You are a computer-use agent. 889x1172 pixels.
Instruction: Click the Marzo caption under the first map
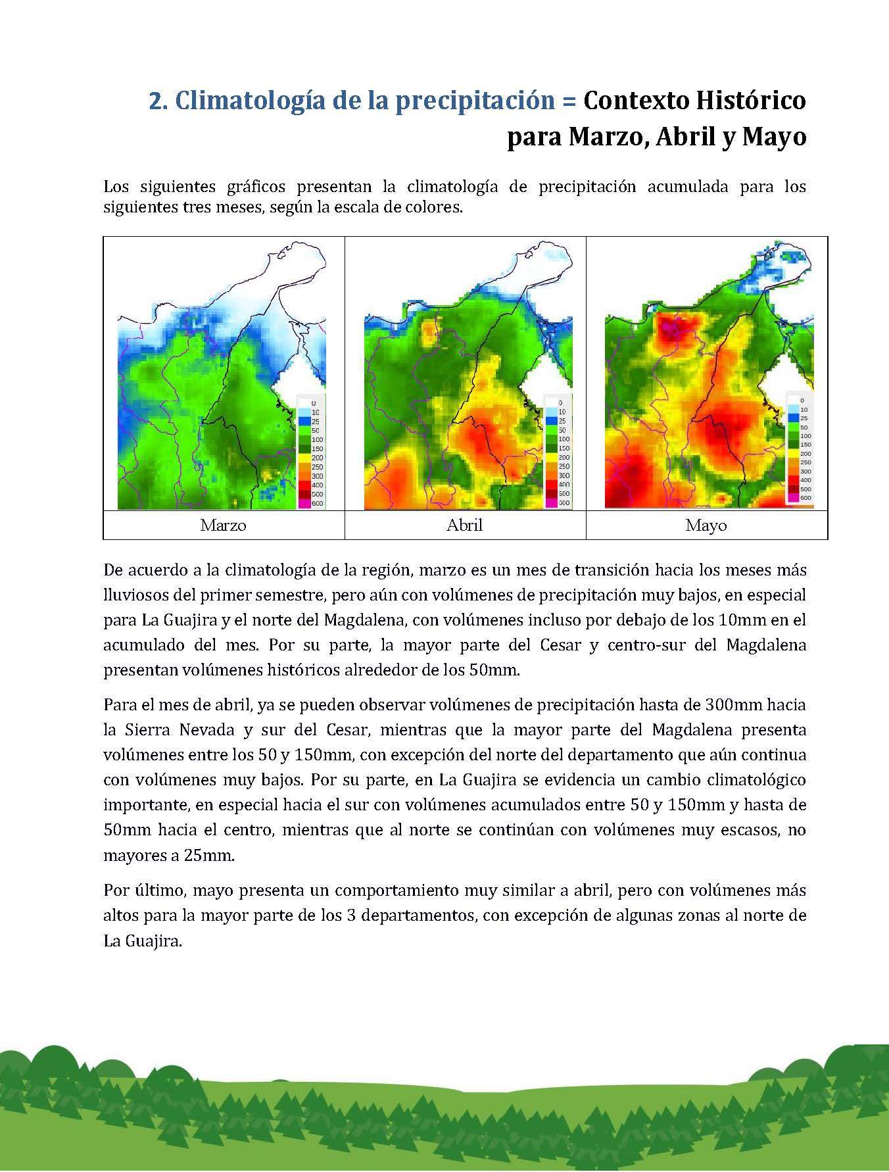(x=224, y=525)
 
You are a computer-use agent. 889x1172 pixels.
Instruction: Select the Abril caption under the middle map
(x=464, y=525)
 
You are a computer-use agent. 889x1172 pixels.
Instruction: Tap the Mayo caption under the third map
(x=706, y=525)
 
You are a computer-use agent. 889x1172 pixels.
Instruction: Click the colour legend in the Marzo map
(x=312, y=452)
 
